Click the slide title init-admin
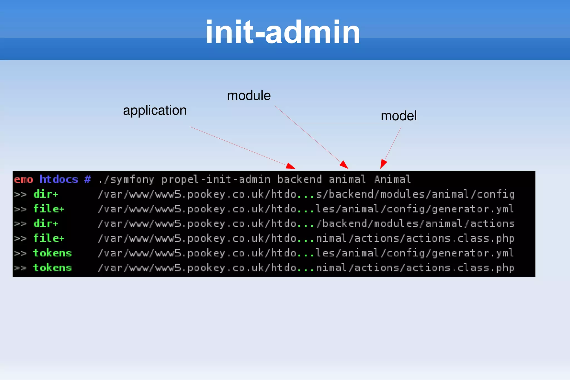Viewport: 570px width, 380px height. [x=283, y=32]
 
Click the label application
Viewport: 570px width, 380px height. [x=155, y=111]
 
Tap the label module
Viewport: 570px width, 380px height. [x=249, y=96]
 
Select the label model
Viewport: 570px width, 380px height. [x=399, y=116]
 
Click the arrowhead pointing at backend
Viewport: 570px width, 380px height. [x=291, y=166]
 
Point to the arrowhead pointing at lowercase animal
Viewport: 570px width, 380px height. [x=345, y=165]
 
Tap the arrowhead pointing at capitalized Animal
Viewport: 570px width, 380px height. [x=383, y=164]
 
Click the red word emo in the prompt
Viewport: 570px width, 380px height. [x=24, y=180]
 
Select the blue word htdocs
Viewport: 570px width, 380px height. [x=59, y=179]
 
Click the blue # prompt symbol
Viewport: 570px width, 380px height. [x=88, y=179]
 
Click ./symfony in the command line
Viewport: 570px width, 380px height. [x=126, y=180]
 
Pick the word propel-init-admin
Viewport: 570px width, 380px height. [x=216, y=179]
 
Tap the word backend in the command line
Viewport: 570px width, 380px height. [x=299, y=179]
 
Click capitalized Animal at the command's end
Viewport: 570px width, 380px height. [x=392, y=179]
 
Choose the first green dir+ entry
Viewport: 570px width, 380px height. [x=46, y=194]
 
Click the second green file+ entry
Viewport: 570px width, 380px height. [x=49, y=238]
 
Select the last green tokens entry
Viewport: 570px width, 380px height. [x=52, y=268]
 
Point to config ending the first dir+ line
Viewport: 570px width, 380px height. [x=496, y=194]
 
